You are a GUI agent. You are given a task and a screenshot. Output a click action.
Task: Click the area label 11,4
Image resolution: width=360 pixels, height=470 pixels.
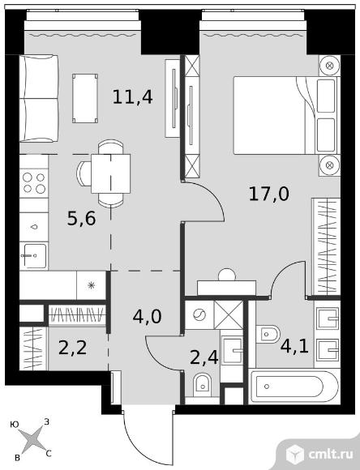tap(133, 96)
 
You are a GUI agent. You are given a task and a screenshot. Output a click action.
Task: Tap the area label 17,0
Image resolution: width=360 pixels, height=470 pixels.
tap(269, 194)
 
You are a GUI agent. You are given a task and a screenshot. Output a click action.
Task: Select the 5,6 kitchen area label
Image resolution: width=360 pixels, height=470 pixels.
tap(82, 218)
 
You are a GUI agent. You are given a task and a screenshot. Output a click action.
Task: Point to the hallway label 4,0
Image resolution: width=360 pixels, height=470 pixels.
tap(147, 316)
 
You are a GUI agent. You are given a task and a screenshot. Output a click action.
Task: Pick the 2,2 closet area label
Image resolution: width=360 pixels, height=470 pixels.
tap(73, 348)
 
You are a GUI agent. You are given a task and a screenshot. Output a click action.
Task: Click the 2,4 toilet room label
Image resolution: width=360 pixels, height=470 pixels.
tap(204, 357)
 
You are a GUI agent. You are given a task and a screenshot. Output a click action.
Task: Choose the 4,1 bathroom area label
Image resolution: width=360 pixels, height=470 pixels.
tap(294, 346)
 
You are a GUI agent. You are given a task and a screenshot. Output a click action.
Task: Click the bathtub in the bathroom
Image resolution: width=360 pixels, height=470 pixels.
tap(294, 387)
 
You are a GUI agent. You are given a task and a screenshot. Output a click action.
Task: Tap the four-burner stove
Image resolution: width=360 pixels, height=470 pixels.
tap(34, 183)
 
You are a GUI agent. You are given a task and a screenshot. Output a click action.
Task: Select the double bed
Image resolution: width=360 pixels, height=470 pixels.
tap(286, 115)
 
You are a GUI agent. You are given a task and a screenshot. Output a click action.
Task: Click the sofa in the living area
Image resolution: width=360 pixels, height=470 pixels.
tap(39, 98)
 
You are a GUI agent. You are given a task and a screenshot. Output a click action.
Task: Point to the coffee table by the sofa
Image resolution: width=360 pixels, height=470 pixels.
tap(85, 98)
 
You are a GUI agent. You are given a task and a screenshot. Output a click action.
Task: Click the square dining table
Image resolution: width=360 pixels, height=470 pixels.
tap(111, 173)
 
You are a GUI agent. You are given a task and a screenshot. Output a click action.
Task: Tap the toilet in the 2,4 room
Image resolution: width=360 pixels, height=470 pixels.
tap(202, 384)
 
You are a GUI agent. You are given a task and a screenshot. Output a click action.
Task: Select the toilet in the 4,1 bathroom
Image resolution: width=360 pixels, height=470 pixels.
tap(268, 333)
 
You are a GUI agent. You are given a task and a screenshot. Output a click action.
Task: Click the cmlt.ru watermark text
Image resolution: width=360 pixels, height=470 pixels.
tap(330, 455)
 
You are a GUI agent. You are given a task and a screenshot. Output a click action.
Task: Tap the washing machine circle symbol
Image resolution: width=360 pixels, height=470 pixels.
tap(199, 315)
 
